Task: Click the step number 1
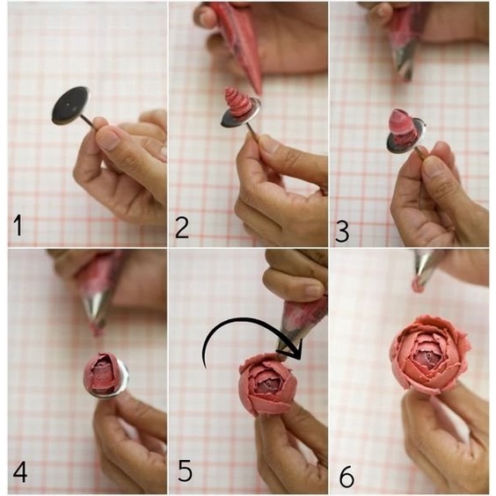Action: click(x=18, y=225)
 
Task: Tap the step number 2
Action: click(x=182, y=228)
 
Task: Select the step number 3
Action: click(x=342, y=231)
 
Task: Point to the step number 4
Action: click(x=20, y=471)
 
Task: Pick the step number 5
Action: click(x=186, y=470)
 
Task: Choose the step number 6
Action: click(x=346, y=476)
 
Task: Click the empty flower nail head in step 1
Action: click(x=71, y=106)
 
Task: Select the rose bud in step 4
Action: click(x=100, y=373)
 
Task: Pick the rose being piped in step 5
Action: click(x=268, y=384)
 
